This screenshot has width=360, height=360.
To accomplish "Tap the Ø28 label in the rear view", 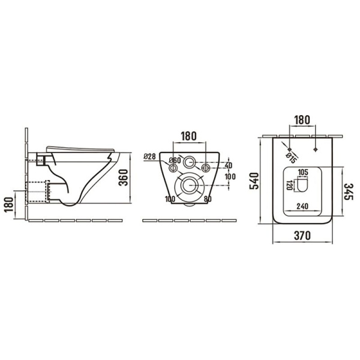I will coord(150,157).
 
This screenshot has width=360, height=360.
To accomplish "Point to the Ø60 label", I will coord(175,160).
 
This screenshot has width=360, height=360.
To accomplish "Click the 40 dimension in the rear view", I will coord(228,166).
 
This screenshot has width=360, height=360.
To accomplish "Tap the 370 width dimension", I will coord(301,236).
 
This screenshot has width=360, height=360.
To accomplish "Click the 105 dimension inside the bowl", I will coord(303,172).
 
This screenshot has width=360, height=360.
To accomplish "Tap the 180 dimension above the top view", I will coord(302,119).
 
